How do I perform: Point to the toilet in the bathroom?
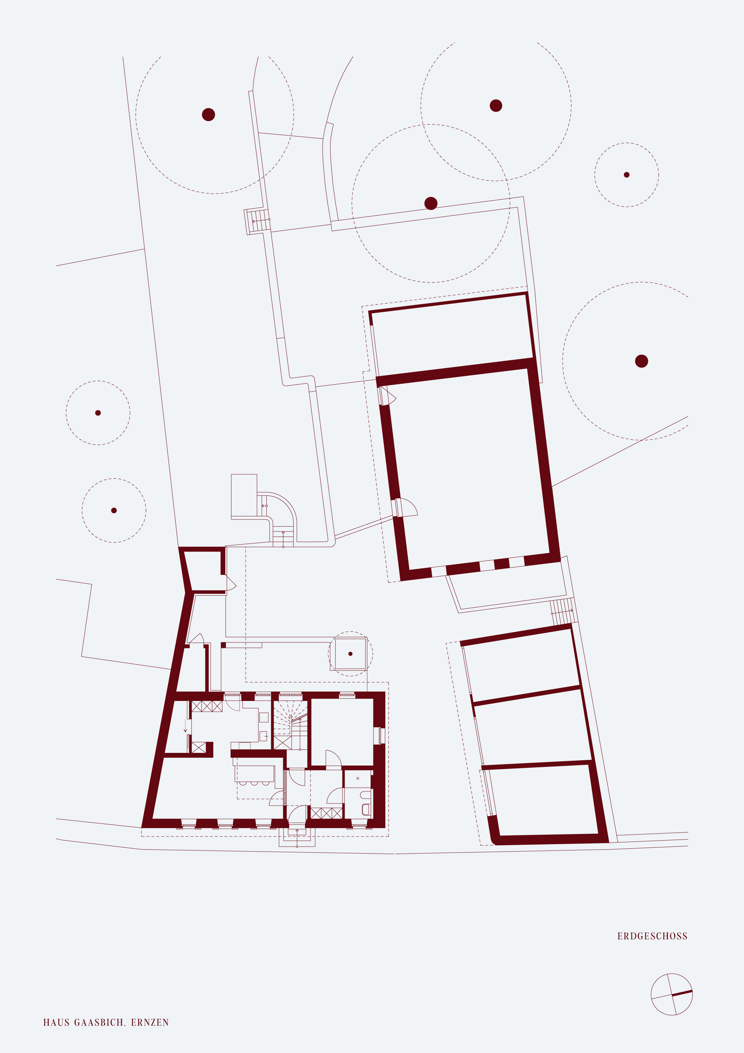pos(366,809)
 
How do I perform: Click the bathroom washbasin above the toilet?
pos(365,794)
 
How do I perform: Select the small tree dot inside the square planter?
pos(350,654)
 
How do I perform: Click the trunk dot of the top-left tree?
pos(208,115)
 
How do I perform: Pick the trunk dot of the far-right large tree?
pos(641,361)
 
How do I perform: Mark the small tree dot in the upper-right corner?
pos(627,175)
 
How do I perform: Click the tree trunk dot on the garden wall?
pos(431,203)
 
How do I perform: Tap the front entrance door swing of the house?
pos(297,814)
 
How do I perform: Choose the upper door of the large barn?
pos(387,395)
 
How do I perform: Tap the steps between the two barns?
pos(562,611)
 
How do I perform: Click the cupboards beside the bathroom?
pos(326,813)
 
